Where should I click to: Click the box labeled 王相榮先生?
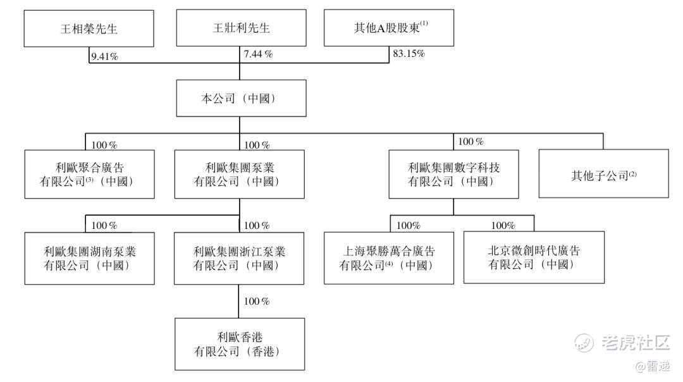[x=89, y=28]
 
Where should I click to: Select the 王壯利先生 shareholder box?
[x=241, y=28]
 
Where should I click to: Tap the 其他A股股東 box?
[x=389, y=28]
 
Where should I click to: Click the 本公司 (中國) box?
[x=240, y=98]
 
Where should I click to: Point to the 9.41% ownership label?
[x=105, y=56]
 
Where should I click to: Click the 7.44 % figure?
[x=258, y=54]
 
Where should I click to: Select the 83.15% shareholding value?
[x=409, y=54]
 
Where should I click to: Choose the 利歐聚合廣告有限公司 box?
[x=89, y=174]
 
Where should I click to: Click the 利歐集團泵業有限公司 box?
[x=240, y=174]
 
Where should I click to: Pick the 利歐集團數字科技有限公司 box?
[x=453, y=174]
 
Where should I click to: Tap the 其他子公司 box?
[x=603, y=174]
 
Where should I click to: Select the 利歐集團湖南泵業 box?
[x=89, y=258]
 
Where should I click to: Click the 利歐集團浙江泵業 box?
[x=240, y=258]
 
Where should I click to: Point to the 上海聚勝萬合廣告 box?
[x=388, y=258]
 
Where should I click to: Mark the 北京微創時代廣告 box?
[x=534, y=257]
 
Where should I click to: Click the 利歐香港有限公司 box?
[x=240, y=344]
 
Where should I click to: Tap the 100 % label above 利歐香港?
[x=257, y=300]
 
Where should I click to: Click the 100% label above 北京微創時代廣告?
[x=503, y=225]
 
